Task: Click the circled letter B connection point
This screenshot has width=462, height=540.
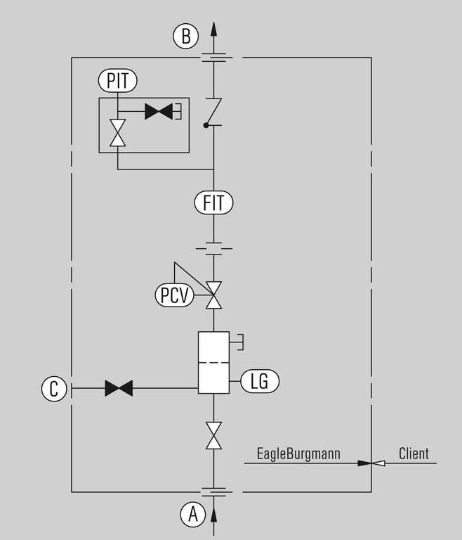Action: point(186,36)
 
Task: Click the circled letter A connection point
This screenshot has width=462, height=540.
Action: point(193,515)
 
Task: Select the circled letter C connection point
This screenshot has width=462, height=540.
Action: point(54,388)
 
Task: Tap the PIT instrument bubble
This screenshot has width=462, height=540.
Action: point(118,81)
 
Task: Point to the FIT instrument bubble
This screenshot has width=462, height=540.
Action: point(213,204)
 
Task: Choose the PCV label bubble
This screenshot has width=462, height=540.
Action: point(174,295)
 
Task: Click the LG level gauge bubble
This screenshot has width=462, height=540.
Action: point(260,381)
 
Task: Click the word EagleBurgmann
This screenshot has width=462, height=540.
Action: point(299,454)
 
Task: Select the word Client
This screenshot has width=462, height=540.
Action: point(414,454)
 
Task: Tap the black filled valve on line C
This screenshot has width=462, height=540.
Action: point(119,388)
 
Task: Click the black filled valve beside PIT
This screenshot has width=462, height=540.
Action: point(159,111)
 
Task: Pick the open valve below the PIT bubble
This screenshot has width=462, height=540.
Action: point(118,133)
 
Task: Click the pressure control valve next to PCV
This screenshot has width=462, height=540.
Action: point(213,295)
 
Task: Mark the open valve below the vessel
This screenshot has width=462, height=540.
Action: point(213,435)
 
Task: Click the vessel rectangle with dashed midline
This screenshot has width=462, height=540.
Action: point(213,362)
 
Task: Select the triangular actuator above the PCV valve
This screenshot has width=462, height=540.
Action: point(187,276)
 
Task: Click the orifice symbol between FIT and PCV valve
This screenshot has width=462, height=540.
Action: point(213,248)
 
